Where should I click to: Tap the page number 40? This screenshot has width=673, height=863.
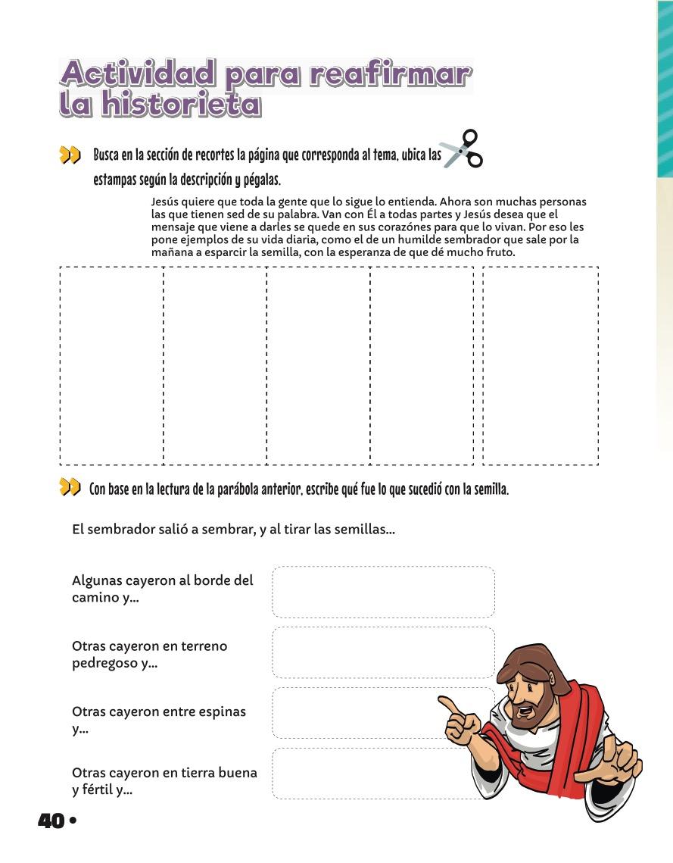click(x=51, y=821)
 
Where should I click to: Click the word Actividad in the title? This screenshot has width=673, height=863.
click(x=138, y=75)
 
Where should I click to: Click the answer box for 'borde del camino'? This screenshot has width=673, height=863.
click(x=383, y=592)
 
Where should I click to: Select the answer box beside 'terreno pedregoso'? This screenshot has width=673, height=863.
click(x=383, y=652)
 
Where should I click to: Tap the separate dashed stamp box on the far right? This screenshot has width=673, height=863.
click(x=541, y=365)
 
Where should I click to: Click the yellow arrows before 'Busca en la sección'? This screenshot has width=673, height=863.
click(x=70, y=156)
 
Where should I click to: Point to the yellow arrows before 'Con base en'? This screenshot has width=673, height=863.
click(x=70, y=488)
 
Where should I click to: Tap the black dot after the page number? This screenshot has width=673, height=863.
click(x=73, y=821)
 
